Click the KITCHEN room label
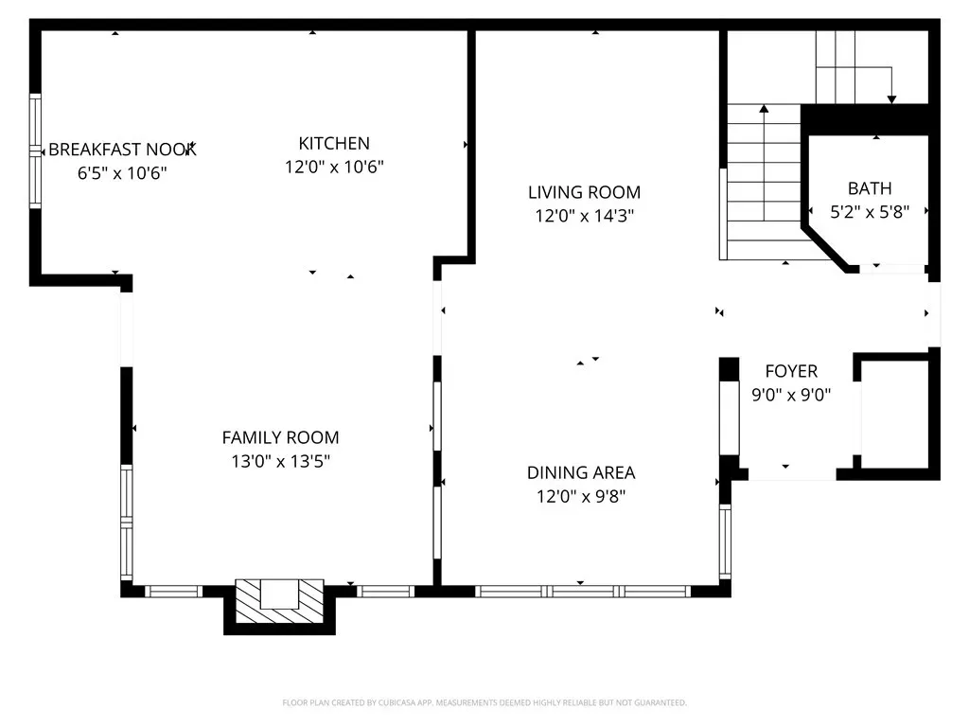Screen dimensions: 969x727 pos(334,144)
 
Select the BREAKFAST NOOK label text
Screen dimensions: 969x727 pos(122,150)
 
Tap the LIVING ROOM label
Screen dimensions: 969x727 pos(584,192)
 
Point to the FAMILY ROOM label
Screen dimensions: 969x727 pos(280,437)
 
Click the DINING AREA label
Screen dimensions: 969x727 pos(581,473)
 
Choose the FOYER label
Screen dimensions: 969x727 pos(791,371)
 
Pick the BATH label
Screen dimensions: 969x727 pos(870,188)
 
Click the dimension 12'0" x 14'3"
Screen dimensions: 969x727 pos(585,216)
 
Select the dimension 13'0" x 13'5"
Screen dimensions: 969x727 pos(280,461)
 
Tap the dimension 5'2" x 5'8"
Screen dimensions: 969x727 pos(870,212)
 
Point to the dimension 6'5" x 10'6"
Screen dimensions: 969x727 pos(122,173)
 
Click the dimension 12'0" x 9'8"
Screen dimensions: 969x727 pos(581,496)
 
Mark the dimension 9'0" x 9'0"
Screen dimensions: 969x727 pos(791,395)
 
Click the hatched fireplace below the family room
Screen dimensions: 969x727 pos(279,601)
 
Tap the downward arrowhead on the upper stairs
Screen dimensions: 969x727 pos(891,99)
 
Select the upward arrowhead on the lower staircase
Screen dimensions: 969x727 pos(764,109)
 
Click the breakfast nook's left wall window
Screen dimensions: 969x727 pos(35,151)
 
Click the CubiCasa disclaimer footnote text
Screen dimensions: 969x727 pos(484,703)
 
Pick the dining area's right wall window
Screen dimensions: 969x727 pos(725,542)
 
